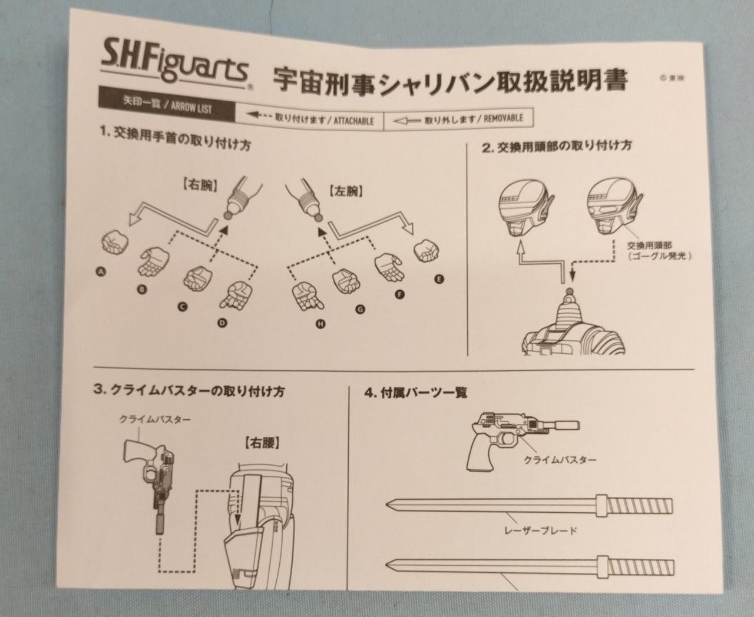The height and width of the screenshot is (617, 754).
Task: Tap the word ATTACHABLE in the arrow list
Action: tap(353, 121)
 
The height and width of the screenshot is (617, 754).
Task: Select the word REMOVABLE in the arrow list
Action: tap(504, 118)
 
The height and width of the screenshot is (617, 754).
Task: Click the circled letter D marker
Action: tap(223, 323)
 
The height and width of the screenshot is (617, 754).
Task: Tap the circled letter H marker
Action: tap(320, 324)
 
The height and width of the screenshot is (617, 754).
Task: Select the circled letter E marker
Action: tap(439, 279)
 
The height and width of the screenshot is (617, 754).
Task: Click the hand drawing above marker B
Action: tap(154, 262)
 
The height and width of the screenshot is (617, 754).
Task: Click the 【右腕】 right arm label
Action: tap(201, 186)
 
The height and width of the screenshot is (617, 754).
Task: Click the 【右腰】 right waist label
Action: tap(262, 444)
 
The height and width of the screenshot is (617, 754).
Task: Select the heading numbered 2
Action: tap(557, 147)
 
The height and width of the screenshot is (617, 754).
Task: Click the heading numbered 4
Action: tap(415, 393)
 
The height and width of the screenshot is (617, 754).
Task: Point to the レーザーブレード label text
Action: tap(541, 530)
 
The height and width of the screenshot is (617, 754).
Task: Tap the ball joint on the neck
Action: tap(570, 290)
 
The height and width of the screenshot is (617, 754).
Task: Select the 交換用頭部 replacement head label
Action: tap(650, 246)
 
